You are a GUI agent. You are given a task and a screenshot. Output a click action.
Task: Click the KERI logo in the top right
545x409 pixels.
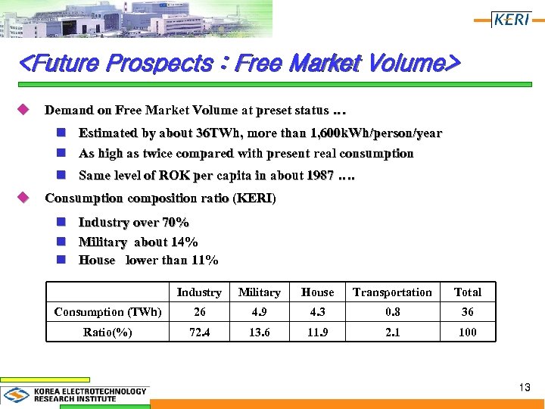point(511,19)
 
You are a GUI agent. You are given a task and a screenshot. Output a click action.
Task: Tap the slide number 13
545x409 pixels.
point(525,387)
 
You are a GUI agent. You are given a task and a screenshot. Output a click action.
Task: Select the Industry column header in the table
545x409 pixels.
point(199,292)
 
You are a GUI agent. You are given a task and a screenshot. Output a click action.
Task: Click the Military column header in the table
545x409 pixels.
point(259,292)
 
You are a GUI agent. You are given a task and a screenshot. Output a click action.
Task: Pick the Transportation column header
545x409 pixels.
point(392,292)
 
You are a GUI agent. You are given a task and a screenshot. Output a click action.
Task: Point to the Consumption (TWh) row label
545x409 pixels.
point(107,312)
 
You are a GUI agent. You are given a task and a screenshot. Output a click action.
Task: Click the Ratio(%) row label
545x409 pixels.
point(107,333)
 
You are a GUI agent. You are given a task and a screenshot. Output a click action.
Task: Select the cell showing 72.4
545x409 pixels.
point(199,333)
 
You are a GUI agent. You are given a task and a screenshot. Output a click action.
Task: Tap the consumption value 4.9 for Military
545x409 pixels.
point(259,312)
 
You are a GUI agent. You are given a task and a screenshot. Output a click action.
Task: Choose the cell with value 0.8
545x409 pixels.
point(392,312)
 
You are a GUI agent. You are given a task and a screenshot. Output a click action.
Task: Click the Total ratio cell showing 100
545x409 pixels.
point(467,333)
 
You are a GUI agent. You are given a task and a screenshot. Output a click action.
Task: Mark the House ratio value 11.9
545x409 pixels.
point(317,333)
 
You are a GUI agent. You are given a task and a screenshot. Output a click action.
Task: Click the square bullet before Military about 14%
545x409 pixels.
point(63,242)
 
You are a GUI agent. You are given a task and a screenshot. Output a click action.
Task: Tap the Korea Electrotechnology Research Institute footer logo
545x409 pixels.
point(76,395)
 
